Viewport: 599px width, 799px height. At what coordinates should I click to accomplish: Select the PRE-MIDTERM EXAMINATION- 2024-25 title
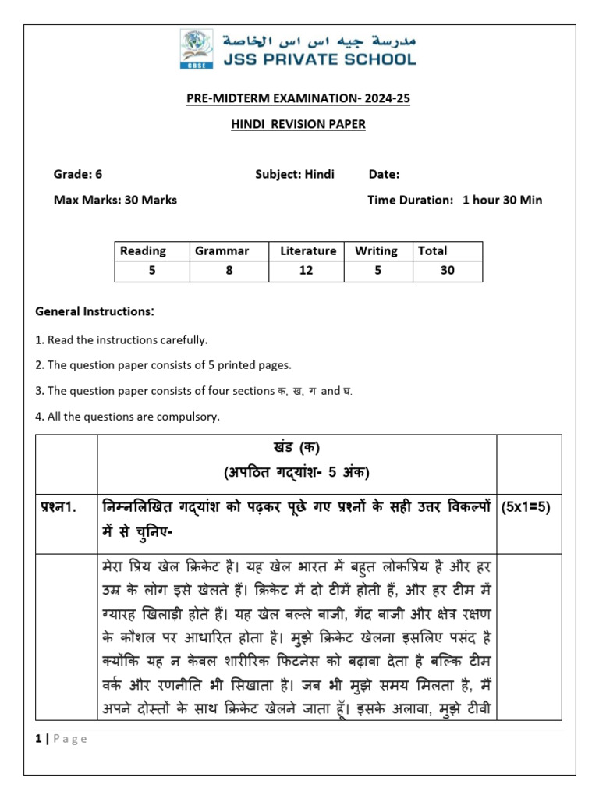(x=299, y=98)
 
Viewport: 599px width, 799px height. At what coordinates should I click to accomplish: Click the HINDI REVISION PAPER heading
(x=299, y=124)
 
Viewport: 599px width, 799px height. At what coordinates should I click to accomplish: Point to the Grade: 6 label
(x=78, y=174)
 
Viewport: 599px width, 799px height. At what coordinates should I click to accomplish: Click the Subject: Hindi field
(x=294, y=174)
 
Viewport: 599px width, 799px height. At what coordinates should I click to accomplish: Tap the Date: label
(x=384, y=174)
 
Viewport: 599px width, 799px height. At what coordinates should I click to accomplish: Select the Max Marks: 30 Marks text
(x=115, y=200)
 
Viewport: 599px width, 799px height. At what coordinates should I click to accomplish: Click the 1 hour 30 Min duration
(x=502, y=200)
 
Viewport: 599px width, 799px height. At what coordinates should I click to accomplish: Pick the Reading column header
(x=143, y=251)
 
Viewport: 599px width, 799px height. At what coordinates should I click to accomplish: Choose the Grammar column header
(x=222, y=251)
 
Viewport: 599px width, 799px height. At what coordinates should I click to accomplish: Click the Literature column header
(x=308, y=251)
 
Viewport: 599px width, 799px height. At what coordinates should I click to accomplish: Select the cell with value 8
(x=229, y=271)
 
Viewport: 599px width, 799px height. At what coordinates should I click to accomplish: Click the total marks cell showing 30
(x=447, y=271)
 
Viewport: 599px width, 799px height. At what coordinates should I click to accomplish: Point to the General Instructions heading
(x=95, y=311)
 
